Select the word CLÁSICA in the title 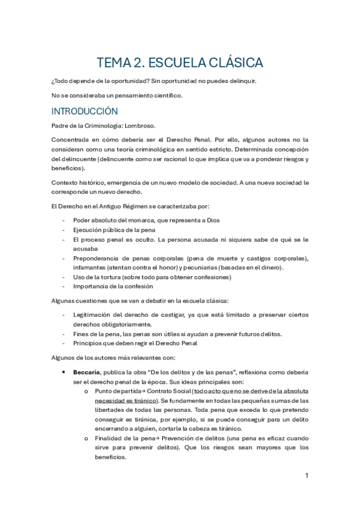point(233,63)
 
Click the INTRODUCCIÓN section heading point(84,111)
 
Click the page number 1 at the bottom point(307,476)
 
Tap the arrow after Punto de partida point(139,391)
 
